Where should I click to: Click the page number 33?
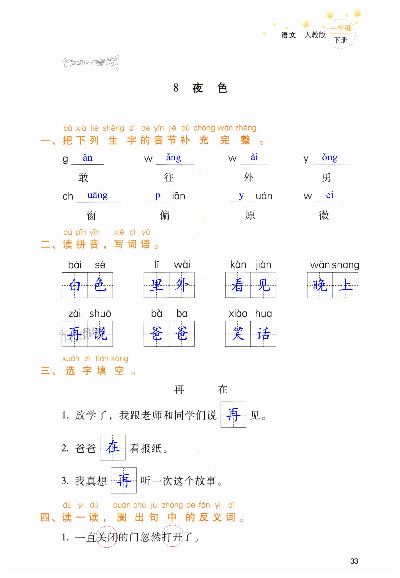pos(354,561)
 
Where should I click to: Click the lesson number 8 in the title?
pos(176,88)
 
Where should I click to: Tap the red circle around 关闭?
pos(107,537)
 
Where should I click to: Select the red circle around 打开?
pos(172,537)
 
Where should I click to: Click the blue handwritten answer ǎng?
pos(173,158)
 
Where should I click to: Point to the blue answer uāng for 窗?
pos(98,195)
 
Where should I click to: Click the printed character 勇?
pos(326,178)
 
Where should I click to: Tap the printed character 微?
pos(324,215)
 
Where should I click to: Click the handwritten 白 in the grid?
pos(75,285)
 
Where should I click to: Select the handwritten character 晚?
pos(320,285)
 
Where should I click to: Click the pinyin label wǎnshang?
pos(335,265)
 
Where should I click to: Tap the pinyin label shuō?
pos(100,313)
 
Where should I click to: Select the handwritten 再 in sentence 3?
pos(124,480)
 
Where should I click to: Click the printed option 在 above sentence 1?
pos(223,389)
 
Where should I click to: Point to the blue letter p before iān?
pos(157,195)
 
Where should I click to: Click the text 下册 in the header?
pos(341,40)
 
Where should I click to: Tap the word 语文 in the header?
pos(288,35)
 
